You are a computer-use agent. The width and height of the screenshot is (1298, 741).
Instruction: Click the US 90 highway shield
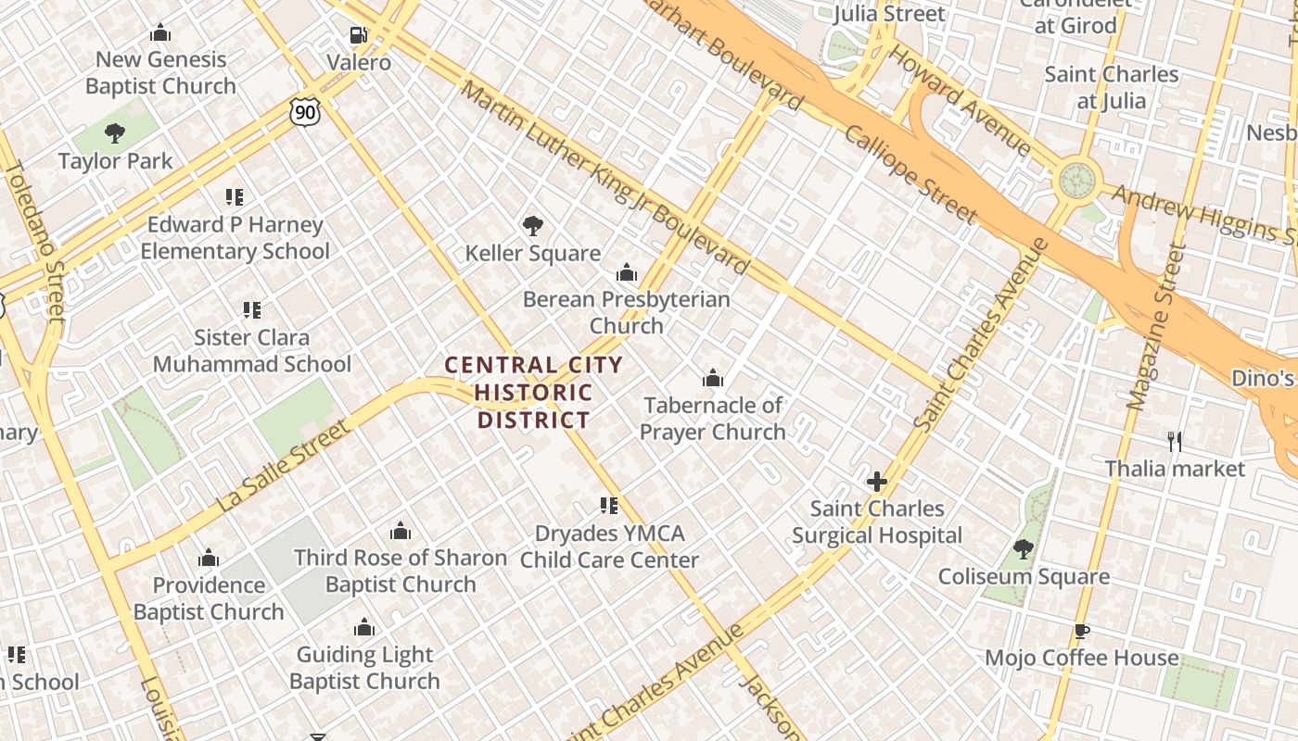[304, 112]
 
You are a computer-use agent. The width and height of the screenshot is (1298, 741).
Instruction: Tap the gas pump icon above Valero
[358, 36]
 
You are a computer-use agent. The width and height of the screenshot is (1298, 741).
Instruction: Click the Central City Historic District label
[533, 392]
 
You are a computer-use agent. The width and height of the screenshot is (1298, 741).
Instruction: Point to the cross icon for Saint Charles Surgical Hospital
[876, 482]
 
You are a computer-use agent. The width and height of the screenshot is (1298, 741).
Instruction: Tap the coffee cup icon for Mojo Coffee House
[1081, 632]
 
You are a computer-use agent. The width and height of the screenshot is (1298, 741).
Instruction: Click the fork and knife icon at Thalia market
[1175, 442]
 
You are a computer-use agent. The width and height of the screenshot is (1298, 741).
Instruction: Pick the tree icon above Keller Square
[532, 225]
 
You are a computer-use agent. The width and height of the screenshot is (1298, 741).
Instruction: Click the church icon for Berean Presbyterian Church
[627, 273]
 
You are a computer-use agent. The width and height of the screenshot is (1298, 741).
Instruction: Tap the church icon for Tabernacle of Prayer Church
[712, 379]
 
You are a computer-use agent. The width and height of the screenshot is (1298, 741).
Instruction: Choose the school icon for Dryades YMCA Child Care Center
[608, 506]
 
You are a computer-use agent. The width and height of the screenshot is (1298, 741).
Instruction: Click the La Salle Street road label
[285, 466]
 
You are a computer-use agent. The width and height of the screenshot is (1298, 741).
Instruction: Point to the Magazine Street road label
[1152, 326]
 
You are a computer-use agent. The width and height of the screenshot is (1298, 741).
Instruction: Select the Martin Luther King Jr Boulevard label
[604, 178]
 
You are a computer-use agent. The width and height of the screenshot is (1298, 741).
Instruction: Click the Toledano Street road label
[34, 241]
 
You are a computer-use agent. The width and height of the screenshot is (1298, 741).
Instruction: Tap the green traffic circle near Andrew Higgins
[1077, 181]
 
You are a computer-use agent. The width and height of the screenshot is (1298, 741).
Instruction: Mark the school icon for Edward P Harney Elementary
[235, 197]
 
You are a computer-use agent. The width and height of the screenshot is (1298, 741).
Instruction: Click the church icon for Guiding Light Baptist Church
[364, 628]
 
